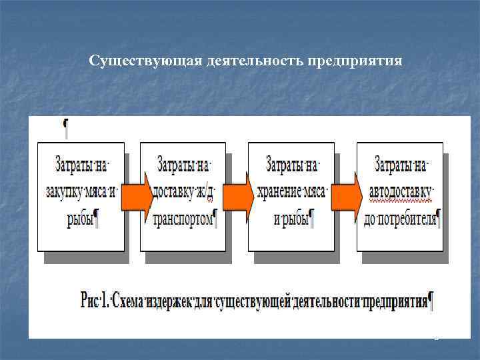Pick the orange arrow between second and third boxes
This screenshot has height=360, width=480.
click(238, 194)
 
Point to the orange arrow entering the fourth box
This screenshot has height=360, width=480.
click(347, 194)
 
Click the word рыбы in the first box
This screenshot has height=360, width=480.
click(79, 219)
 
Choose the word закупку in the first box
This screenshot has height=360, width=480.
click(65, 191)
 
